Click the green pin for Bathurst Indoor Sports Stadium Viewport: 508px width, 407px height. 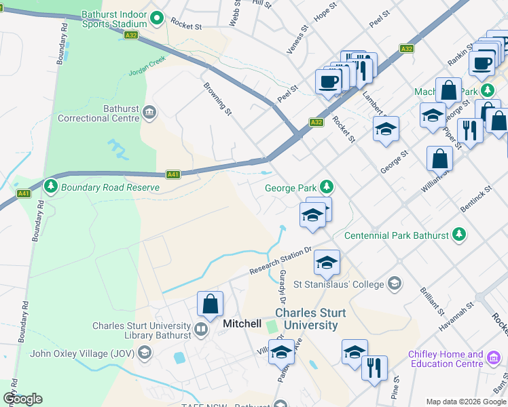(x=158, y=18)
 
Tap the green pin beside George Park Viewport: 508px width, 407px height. (x=327, y=186)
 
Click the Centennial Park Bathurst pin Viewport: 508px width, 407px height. (x=460, y=235)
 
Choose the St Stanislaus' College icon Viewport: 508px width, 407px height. (x=395, y=284)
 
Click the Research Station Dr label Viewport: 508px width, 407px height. (x=280, y=261)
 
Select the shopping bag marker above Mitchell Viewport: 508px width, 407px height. (x=210, y=303)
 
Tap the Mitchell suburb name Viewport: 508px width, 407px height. (x=242, y=324)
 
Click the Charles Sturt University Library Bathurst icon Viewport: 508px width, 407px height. (x=201, y=330)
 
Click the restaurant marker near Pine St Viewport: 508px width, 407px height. (x=374, y=368)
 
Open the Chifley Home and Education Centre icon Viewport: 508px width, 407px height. (x=494, y=358)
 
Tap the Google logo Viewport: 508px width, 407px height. (x=22, y=399)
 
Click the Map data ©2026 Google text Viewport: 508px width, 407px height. (x=465, y=402)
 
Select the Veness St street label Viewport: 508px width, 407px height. (x=297, y=40)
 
